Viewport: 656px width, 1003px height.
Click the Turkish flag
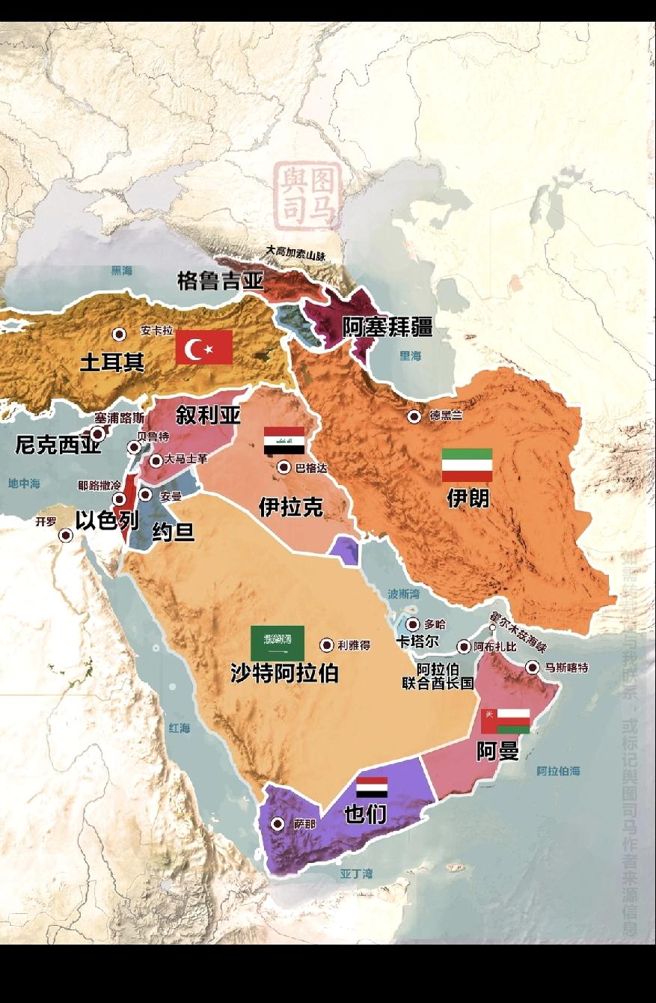pos(203,347)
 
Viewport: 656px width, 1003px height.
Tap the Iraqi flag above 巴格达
pos(283,441)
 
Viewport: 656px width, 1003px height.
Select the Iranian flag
pos(467,465)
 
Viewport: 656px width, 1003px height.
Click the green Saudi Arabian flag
pos(277,643)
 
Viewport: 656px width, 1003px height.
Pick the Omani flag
pos(506,721)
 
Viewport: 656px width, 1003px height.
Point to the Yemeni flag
pos(371,787)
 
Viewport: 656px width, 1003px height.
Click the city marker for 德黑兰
pos(414,417)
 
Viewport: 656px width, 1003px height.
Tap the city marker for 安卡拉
pos(118,335)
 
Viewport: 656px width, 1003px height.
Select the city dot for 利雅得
pos(327,644)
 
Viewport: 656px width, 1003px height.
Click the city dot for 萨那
pos(278,823)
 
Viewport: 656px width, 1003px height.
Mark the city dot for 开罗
pos(66,535)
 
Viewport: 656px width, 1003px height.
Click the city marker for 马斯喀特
pos(533,667)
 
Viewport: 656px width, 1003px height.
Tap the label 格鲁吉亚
pos(221,281)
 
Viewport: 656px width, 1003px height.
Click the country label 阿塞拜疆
pos(387,327)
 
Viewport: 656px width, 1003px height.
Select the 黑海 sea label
pos(121,271)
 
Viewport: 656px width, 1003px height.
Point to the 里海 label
pos(410,356)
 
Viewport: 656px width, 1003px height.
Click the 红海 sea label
pos(179,728)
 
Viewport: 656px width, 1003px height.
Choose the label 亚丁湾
pos(356,874)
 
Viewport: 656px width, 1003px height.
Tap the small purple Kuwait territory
pos(344,549)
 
